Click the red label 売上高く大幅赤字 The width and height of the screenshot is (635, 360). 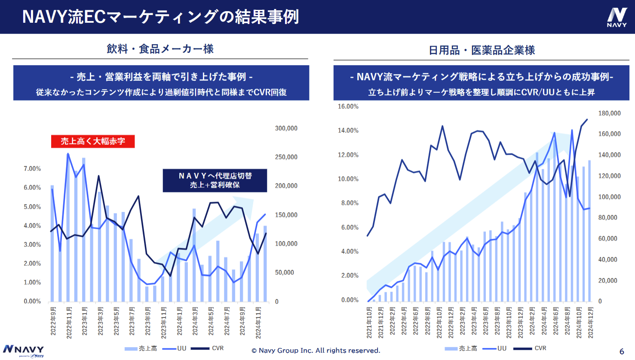(93, 141)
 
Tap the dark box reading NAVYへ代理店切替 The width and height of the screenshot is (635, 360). (215, 180)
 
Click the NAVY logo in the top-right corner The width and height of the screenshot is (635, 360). (617, 17)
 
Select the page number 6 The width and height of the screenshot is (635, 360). (622, 351)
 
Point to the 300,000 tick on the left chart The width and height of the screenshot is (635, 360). (286, 128)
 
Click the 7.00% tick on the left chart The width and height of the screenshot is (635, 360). (32, 169)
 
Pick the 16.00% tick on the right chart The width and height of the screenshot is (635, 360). (348, 107)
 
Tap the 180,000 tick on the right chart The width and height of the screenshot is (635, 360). (609, 113)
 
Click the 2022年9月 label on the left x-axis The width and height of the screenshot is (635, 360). (53, 321)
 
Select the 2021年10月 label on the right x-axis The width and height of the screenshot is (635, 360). (369, 322)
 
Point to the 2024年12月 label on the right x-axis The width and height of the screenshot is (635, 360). (591, 322)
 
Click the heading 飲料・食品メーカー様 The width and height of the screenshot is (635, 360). (160, 49)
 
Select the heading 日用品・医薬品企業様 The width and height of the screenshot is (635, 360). (482, 50)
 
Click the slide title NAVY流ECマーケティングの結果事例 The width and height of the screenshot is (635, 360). (160, 17)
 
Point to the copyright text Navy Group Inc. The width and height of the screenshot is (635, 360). (316, 351)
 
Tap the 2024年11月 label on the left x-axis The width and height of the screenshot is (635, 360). (258, 322)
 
